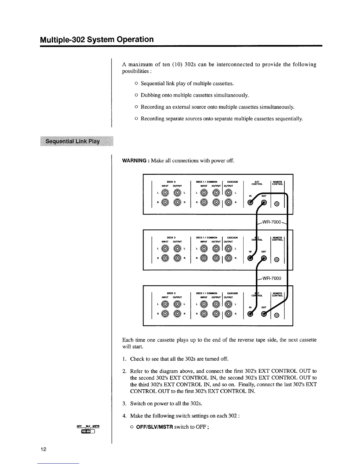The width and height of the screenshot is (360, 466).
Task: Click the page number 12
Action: [x=43, y=449]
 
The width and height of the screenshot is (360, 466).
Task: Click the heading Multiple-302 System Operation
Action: [x=97, y=39]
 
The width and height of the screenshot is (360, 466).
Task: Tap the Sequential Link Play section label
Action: [x=72, y=141]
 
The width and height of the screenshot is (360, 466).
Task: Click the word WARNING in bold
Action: [x=134, y=161]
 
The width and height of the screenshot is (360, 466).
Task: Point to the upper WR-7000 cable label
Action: [x=272, y=222]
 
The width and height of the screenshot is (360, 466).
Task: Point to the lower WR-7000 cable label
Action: [x=271, y=278]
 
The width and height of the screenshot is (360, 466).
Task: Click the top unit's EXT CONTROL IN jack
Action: [x=251, y=202]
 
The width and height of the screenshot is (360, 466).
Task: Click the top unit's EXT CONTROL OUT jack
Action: [x=264, y=202]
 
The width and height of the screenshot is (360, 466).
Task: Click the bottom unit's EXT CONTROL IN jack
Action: [x=251, y=315]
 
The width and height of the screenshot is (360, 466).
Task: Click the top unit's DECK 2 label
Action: [x=171, y=182]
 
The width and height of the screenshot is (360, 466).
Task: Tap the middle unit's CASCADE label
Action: [x=232, y=238]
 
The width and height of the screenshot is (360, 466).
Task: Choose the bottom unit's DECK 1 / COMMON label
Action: [x=206, y=293]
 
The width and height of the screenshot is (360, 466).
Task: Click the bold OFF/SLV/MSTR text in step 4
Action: [x=154, y=427]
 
